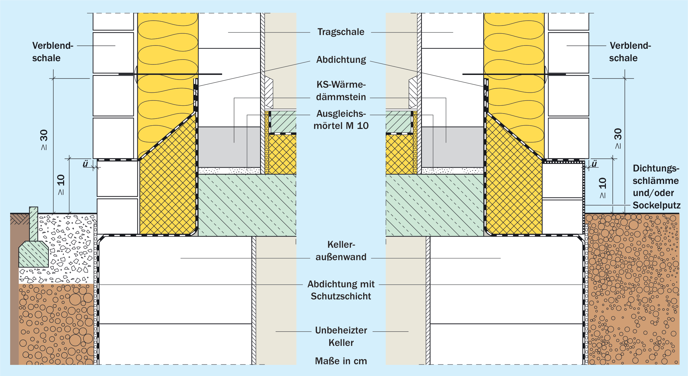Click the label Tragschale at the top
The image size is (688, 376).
point(341,32)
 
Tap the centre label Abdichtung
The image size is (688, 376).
point(341,60)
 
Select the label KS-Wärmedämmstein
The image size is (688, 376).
point(341,91)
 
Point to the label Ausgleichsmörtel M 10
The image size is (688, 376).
point(341,119)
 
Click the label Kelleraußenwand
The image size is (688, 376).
point(341,251)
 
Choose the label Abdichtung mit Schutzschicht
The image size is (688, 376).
point(341,290)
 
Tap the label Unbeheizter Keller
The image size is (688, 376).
point(341,336)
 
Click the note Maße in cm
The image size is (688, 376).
point(341,361)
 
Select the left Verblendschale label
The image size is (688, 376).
point(53,52)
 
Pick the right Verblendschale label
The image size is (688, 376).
point(630,52)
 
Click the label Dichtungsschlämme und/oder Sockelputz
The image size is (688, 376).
point(656,187)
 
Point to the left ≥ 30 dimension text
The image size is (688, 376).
point(44,140)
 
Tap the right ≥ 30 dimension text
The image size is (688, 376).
point(618,138)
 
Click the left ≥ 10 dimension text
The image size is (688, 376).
point(61,185)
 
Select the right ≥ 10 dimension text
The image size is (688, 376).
point(602,188)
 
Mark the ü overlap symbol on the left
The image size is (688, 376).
point(85,164)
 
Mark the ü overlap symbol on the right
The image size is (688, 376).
point(594,164)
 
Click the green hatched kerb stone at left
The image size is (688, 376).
point(33,243)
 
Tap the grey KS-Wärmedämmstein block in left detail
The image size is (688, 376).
point(229,147)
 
